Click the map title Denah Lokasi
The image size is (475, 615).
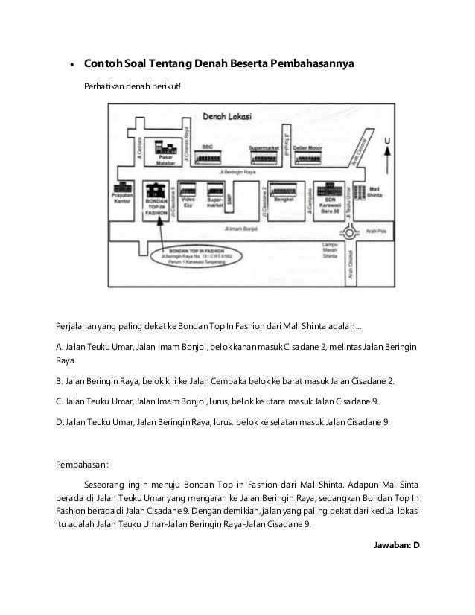coord(226,117)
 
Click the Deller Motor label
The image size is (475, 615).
coord(307,148)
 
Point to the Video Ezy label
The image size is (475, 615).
coord(188,203)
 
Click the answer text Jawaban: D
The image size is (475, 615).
coord(396,544)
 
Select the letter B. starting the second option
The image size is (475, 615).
coord(60,382)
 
